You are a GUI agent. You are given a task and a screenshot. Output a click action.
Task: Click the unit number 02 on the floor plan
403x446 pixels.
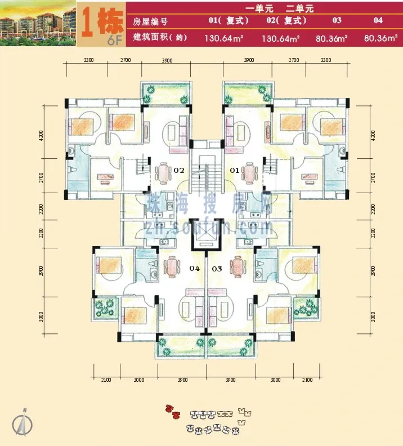click(180, 169)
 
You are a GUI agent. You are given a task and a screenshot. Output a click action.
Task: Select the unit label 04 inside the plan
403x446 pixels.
click(195, 269)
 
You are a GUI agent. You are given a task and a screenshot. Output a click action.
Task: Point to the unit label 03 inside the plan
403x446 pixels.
click(217, 269)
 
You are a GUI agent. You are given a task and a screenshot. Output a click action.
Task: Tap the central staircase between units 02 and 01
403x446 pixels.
click(204, 175)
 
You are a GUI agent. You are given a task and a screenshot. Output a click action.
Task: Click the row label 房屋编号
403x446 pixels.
click(152, 22)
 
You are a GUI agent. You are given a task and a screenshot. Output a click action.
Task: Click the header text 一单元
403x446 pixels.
click(259, 8)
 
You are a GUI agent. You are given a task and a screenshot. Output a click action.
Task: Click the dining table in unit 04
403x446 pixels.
click(171, 265)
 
